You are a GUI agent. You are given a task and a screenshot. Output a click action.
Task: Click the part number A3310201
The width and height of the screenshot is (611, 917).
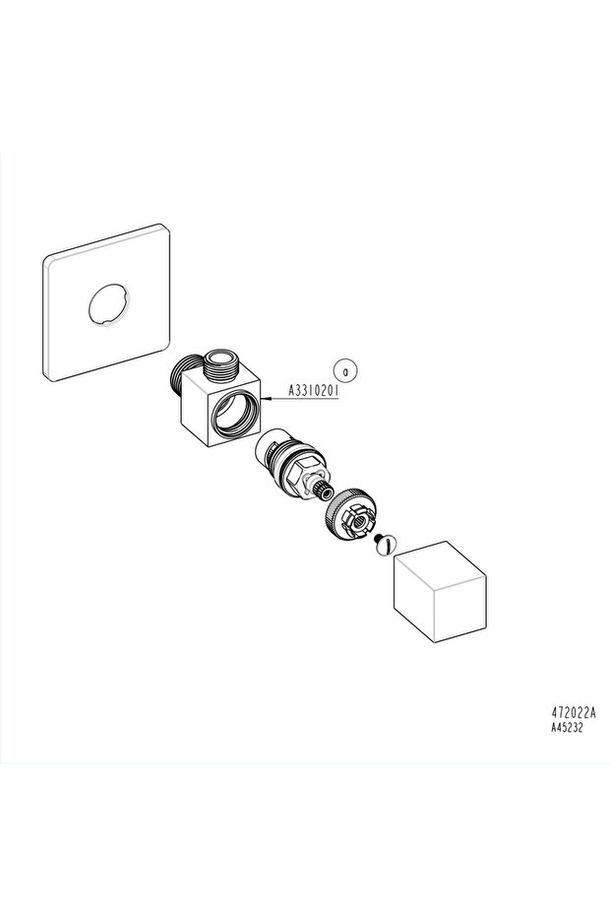(x=314, y=389)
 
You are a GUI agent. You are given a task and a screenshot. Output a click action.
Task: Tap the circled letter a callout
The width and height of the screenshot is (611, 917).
(x=345, y=370)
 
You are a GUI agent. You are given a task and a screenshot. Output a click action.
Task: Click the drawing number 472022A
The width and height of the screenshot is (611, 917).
(x=574, y=713)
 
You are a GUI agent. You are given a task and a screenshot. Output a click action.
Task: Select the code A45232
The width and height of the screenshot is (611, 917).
(x=567, y=728)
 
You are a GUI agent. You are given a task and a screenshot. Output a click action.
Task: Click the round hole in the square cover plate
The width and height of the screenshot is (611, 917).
(x=109, y=303)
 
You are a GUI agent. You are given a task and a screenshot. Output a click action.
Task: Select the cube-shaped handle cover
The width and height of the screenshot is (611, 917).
(x=440, y=591)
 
